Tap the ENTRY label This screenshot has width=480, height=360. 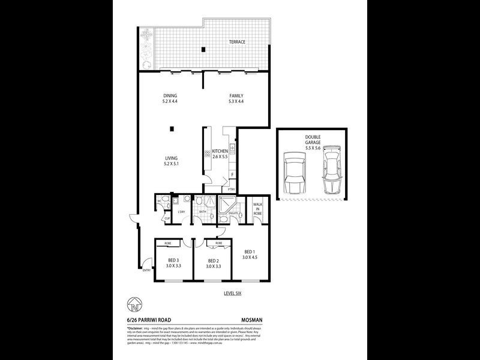tap(146, 271)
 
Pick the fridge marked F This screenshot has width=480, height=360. tap(232, 175)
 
